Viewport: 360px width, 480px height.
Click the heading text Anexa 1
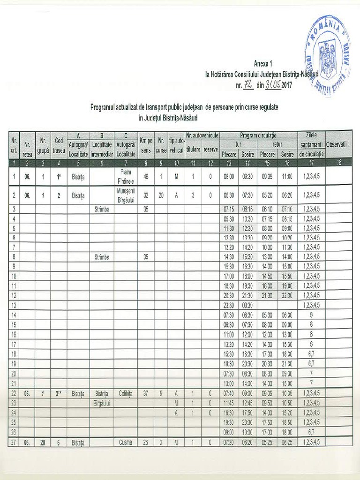coord(263,63)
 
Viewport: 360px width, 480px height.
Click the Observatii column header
coord(336,144)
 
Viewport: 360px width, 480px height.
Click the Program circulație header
coord(258,135)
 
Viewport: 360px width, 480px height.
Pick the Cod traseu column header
coord(59,145)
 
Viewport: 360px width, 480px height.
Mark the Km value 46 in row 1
coord(146,177)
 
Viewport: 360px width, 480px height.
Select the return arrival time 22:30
coord(287,295)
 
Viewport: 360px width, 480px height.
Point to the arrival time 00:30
coord(247,305)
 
